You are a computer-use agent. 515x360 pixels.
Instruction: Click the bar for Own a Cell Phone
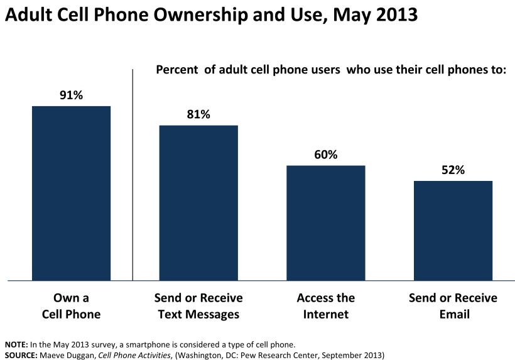[x=71, y=193]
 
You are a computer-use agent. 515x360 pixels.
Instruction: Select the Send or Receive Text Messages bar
[x=198, y=202]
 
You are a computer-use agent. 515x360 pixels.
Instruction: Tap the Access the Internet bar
[x=325, y=222]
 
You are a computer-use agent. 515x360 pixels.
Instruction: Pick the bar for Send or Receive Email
[x=453, y=230]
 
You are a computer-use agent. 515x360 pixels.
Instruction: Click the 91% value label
[x=71, y=95]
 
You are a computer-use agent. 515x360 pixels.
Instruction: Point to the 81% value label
[x=198, y=115]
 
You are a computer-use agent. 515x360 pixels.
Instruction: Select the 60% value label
[x=325, y=155]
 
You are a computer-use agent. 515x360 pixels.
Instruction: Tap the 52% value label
[x=453, y=170]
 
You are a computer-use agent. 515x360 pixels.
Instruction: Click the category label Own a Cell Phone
[x=71, y=305]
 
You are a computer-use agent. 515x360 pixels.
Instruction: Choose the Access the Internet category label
[x=325, y=305]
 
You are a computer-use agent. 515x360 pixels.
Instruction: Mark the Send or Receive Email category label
[x=453, y=305]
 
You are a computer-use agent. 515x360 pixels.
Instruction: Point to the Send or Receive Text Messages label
[x=198, y=305]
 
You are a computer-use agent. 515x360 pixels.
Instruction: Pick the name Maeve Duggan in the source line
[x=62, y=355]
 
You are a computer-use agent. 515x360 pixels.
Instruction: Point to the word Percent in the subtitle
[x=176, y=69]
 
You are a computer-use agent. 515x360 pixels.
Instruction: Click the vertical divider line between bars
[x=133, y=176]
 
